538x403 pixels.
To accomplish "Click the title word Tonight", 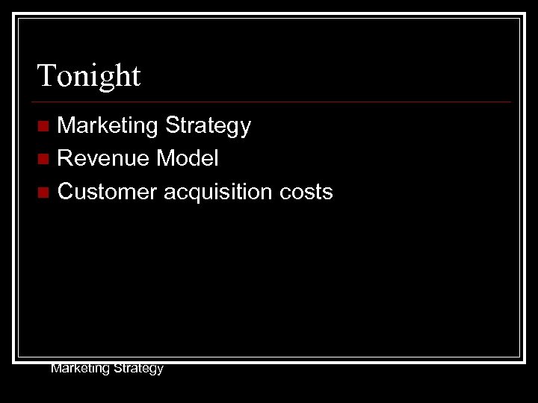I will [89, 76].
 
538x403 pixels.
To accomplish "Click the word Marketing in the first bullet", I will [108, 126].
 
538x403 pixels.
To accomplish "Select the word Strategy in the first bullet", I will [208, 126].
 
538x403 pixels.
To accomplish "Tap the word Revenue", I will [105, 159].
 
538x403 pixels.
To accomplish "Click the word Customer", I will [108, 193].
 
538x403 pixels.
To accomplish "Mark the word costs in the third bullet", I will [306, 193].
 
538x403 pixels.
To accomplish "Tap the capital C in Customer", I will [66, 193].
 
